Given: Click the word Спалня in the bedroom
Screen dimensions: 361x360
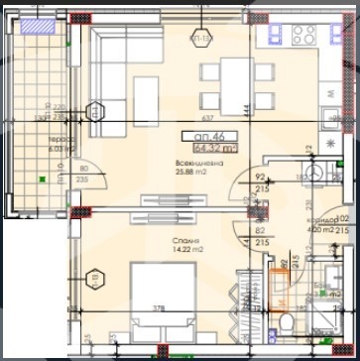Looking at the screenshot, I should point(152,241).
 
